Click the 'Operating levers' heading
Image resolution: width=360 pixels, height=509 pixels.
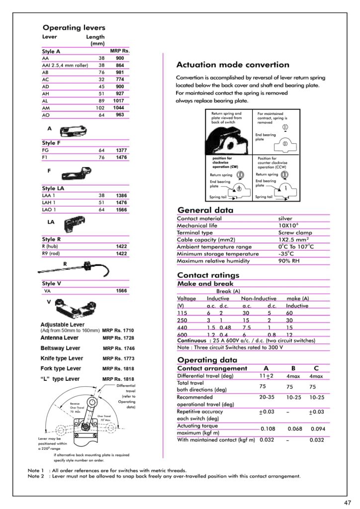[x=74, y=28]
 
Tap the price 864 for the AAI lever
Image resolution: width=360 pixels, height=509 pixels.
[x=120, y=65]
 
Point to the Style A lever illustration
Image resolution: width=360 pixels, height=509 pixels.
[x=74, y=132]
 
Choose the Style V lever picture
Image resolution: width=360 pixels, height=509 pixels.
[x=82, y=308]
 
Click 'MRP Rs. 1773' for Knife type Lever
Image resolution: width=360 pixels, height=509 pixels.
[x=118, y=358]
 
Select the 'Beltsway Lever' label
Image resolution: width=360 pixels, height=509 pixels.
[x=60, y=348]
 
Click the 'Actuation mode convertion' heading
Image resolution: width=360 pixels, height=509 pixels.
[x=233, y=65]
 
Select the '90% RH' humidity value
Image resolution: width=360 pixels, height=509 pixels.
[x=288, y=261]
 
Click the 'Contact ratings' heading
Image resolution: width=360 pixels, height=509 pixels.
[x=208, y=275]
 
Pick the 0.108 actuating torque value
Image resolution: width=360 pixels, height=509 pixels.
[x=268, y=428]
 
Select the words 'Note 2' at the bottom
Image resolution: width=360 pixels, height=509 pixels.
[x=36, y=476]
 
